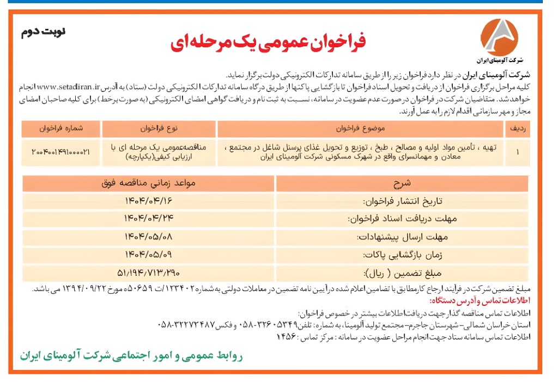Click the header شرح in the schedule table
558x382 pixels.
402,182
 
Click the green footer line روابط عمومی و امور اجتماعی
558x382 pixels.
131,356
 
